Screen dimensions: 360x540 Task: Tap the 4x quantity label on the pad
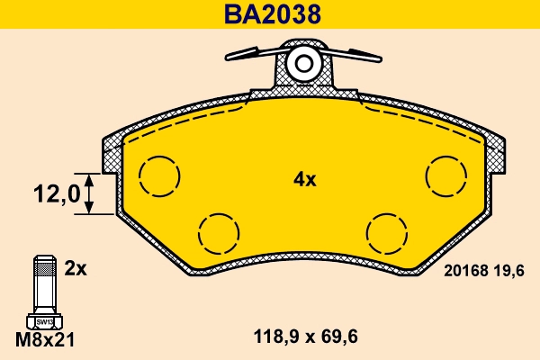pyautogui.click(x=305, y=179)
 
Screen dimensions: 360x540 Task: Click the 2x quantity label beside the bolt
pyautogui.click(x=75, y=268)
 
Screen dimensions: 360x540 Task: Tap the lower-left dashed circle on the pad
pyautogui.click(x=218, y=233)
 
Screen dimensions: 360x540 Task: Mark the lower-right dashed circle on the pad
pyautogui.click(x=388, y=233)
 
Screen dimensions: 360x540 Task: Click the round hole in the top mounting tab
pyautogui.click(x=304, y=64)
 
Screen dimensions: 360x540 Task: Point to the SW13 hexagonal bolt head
pyautogui.click(x=42, y=319)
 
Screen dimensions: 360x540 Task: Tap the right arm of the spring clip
pyautogui.click(x=354, y=54)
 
